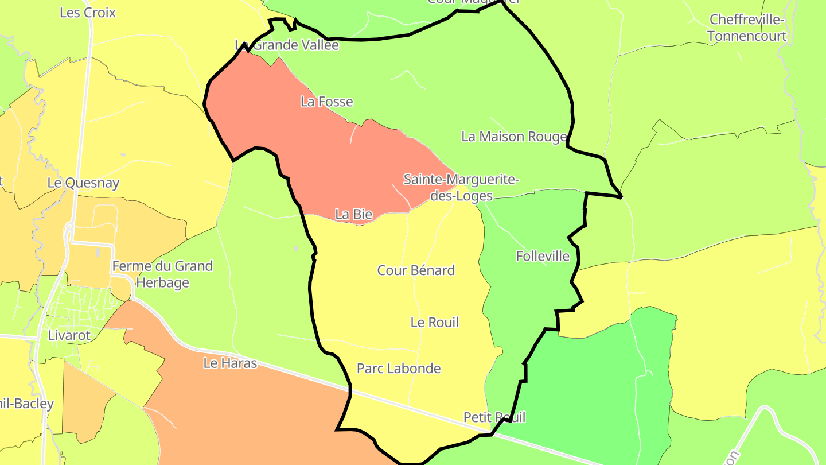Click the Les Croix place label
tap(88, 13)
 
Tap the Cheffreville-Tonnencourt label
tap(746, 28)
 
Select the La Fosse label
tap(326, 102)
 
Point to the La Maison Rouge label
tap(514, 137)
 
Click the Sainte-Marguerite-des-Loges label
tap(461, 188)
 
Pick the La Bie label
tap(353, 215)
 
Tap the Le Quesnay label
tap(83, 183)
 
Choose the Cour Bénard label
tap(416, 270)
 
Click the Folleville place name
tap(543, 256)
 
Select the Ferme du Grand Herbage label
tap(162, 274)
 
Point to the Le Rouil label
tap(434, 323)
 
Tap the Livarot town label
tap(69, 335)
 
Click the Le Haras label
tap(230, 363)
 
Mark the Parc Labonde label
tap(399, 369)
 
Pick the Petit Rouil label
tap(494, 417)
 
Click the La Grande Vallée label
tap(287, 45)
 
